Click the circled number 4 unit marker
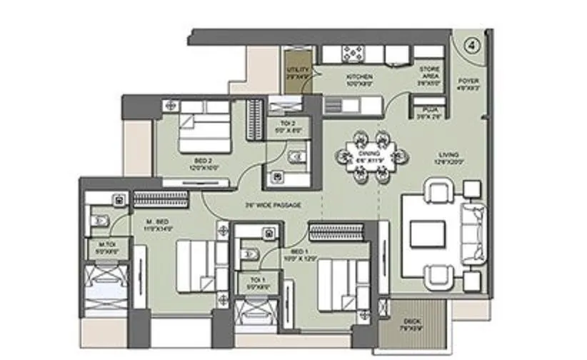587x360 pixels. click(x=471, y=43)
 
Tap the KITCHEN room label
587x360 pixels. click(x=356, y=77)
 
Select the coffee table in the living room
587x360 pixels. click(x=427, y=233)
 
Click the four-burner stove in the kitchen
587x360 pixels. click(x=353, y=54)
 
